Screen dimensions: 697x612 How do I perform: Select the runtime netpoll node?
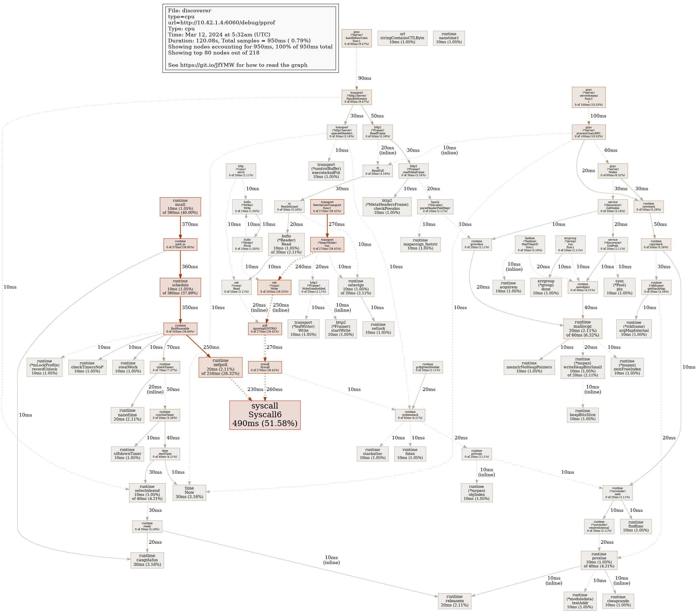click(x=220, y=367)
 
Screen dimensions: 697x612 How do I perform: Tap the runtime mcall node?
click(x=180, y=207)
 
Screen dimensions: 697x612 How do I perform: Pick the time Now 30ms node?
click(x=189, y=492)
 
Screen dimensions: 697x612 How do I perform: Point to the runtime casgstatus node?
click(x=147, y=560)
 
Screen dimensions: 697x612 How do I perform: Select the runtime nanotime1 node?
click(x=449, y=38)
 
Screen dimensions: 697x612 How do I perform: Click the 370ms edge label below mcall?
click(x=190, y=224)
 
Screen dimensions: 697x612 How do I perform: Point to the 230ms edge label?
click(x=255, y=389)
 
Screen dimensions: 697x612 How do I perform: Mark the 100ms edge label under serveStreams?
click(x=598, y=116)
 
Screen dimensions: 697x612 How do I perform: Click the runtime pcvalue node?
click(x=599, y=560)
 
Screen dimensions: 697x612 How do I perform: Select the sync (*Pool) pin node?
click(x=619, y=287)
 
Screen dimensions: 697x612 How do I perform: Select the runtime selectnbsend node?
click(x=147, y=492)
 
